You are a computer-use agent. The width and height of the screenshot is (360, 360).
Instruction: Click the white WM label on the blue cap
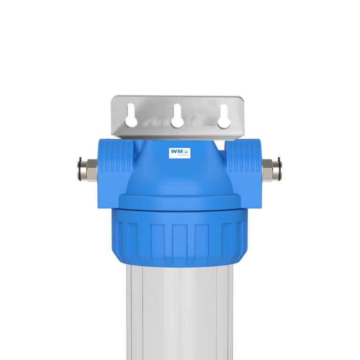pos(180,153)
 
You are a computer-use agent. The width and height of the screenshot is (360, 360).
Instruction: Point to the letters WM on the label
pos(177,151)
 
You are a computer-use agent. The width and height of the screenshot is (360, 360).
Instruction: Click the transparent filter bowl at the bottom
pos(179,314)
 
